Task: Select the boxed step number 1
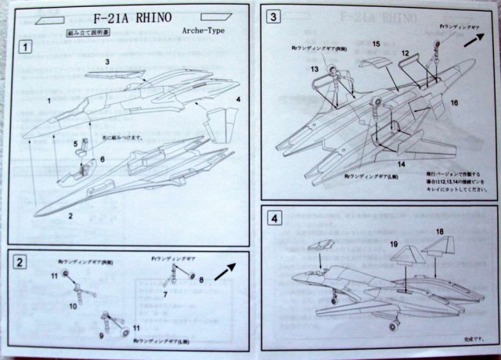[27, 48]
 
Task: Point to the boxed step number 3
[273, 17]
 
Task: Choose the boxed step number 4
[273, 218]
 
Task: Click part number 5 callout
[76, 143]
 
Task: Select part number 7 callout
[165, 293]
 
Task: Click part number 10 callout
[73, 306]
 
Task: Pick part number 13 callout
[314, 70]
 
